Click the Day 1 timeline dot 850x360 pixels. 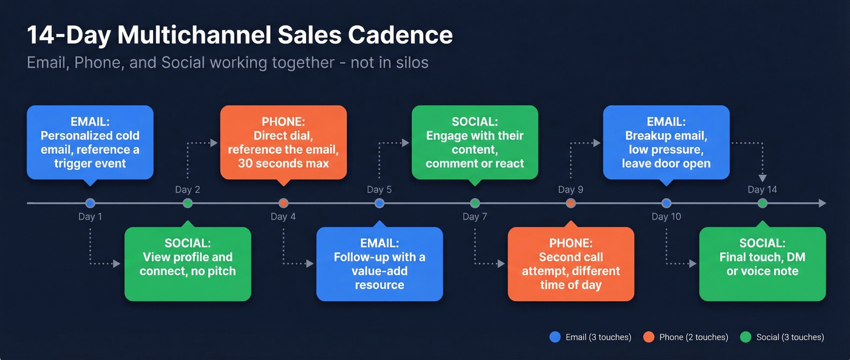point(90,203)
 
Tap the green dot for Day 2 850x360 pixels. point(188,203)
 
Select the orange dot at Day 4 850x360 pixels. point(284,203)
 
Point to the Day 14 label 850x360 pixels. point(762,189)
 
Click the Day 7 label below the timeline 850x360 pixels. point(475,217)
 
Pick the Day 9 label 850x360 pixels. point(571,189)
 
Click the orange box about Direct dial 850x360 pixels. point(283,143)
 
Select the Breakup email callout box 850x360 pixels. point(666,143)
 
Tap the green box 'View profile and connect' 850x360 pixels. point(188,264)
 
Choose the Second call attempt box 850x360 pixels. point(571,264)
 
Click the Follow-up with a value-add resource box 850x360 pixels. point(379,264)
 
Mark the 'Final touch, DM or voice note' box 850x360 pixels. point(762,264)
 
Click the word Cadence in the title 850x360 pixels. point(400,35)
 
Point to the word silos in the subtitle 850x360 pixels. point(410,63)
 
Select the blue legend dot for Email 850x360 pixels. point(554,337)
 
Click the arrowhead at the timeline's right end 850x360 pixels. point(822,203)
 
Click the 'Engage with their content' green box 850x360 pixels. point(475,143)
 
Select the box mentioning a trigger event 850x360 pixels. point(90,143)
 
